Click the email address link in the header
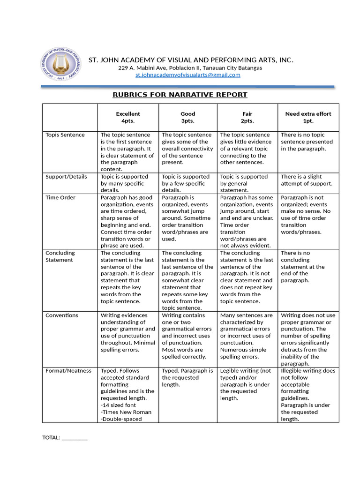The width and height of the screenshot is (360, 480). [187, 75]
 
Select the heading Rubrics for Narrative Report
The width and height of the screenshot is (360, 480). [180, 95]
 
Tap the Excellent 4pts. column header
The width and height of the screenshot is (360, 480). [128, 117]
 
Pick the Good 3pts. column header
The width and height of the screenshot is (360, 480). [187, 117]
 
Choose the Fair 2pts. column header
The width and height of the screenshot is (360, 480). [247, 117]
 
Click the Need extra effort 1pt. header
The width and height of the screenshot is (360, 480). [308, 117]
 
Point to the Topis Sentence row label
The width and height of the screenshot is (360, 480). [65, 135]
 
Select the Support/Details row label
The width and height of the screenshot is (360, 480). [66, 177]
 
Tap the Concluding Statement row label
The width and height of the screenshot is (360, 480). [60, 256]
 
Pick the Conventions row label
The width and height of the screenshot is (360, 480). [62, 315]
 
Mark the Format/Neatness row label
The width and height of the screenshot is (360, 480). [68, 371]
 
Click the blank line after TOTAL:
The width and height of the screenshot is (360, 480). [75, 438]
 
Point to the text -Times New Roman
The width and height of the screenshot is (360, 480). [126, 412]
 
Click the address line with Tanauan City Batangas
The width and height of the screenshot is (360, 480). [190, 68]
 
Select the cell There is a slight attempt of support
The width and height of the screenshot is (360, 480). [307, 180]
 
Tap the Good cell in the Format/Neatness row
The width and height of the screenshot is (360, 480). [187, 377]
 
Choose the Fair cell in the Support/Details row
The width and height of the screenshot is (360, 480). [244, 183]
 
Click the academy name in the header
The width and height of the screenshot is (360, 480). [191, 60]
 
